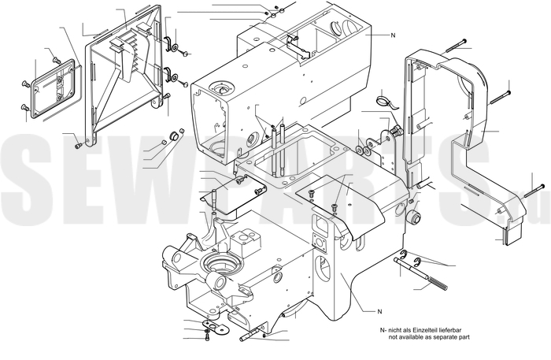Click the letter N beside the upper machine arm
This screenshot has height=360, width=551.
tap(393, 35)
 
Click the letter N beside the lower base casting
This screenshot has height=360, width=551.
tap(379, 311)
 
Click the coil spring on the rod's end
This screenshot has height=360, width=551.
tap(438, 283)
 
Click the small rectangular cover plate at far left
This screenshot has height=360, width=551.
tap(53, 88)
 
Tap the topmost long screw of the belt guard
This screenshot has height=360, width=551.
tap(456, 46)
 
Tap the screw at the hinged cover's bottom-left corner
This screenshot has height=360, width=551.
tap(78, 145)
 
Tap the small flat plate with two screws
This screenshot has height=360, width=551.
tap(234, 195)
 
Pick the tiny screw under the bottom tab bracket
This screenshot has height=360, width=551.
tap(207, 337)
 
